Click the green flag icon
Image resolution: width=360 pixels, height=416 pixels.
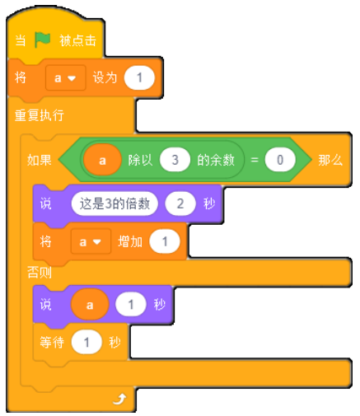point(43,40)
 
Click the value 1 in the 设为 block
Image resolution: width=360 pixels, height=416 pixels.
point(139,78)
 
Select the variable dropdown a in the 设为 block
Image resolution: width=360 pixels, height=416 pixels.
point(65,78)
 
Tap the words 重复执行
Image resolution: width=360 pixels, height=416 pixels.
point(40,115)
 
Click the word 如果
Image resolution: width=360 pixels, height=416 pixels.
point(40,160)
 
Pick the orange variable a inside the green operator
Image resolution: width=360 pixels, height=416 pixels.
point(102,160)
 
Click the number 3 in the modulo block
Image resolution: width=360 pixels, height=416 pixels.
point(175,160)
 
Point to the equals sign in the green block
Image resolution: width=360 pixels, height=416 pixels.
point(255,160)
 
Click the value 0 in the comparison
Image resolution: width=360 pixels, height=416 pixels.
point(280,160)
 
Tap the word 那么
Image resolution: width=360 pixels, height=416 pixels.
point(330,160)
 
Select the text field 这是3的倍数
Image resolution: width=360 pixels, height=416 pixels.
point(115,203)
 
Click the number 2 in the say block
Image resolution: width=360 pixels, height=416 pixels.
point(180,203)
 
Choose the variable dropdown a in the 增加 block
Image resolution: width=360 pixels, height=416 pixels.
point(91,241)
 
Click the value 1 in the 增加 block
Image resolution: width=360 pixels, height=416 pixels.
point(165,241)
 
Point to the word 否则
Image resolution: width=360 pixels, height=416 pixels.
point(40,273)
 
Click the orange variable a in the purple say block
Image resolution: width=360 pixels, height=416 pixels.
point(90,305)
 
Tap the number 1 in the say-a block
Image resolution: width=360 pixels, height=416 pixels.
point(131,305)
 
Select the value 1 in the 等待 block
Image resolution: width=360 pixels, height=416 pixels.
point(86,343)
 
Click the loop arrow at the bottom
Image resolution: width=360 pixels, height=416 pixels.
point(119,399)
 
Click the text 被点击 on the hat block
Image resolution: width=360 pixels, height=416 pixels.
point(77,40)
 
